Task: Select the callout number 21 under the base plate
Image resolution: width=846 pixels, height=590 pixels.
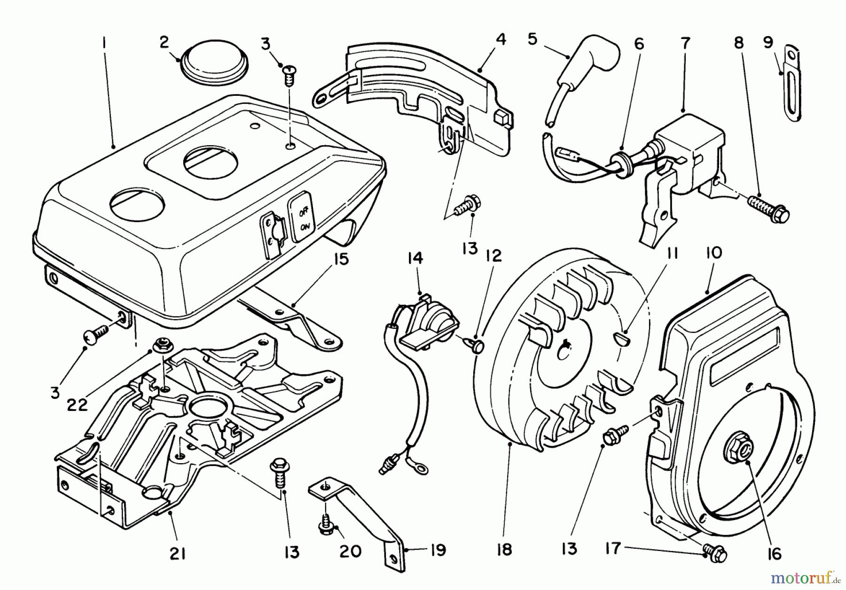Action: pos(177,554)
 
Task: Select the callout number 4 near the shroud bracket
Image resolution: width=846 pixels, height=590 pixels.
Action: pos(501,40)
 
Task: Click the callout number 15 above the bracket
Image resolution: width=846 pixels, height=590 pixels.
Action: pos(342,259)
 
